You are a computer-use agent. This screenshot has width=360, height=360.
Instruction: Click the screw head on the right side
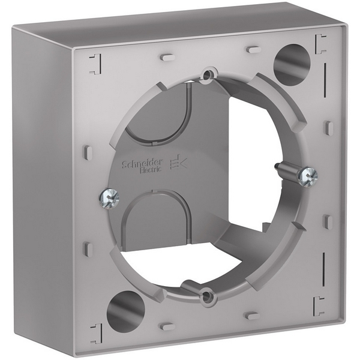(x=310, y=176)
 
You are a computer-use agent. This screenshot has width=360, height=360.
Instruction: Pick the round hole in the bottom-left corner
(x=125, y=308)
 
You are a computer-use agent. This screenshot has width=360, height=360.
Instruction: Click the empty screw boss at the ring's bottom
(x=207, y=294)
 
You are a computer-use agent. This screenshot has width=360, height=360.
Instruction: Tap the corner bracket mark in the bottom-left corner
(x=95, y=331)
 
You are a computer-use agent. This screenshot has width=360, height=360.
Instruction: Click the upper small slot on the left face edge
(x=88, y=152)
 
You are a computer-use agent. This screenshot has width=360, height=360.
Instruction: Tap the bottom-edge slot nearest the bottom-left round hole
(x=167, y=325)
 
